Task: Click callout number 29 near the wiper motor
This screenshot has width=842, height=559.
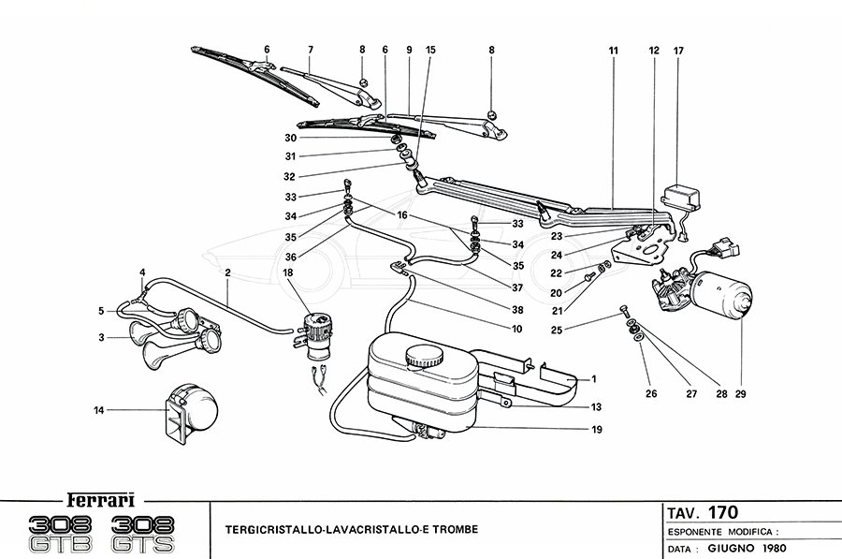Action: click(741, 394)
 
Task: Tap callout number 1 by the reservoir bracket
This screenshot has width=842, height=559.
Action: click(593, 379)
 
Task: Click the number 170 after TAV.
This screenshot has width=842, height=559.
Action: click(722, 512)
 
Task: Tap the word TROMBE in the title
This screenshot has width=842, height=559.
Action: click(453, 530)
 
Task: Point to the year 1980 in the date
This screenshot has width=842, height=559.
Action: click(770, 548)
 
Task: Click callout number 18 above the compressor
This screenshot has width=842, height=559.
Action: click(287, 272)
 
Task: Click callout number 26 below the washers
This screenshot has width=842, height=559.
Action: click(650, 394)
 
